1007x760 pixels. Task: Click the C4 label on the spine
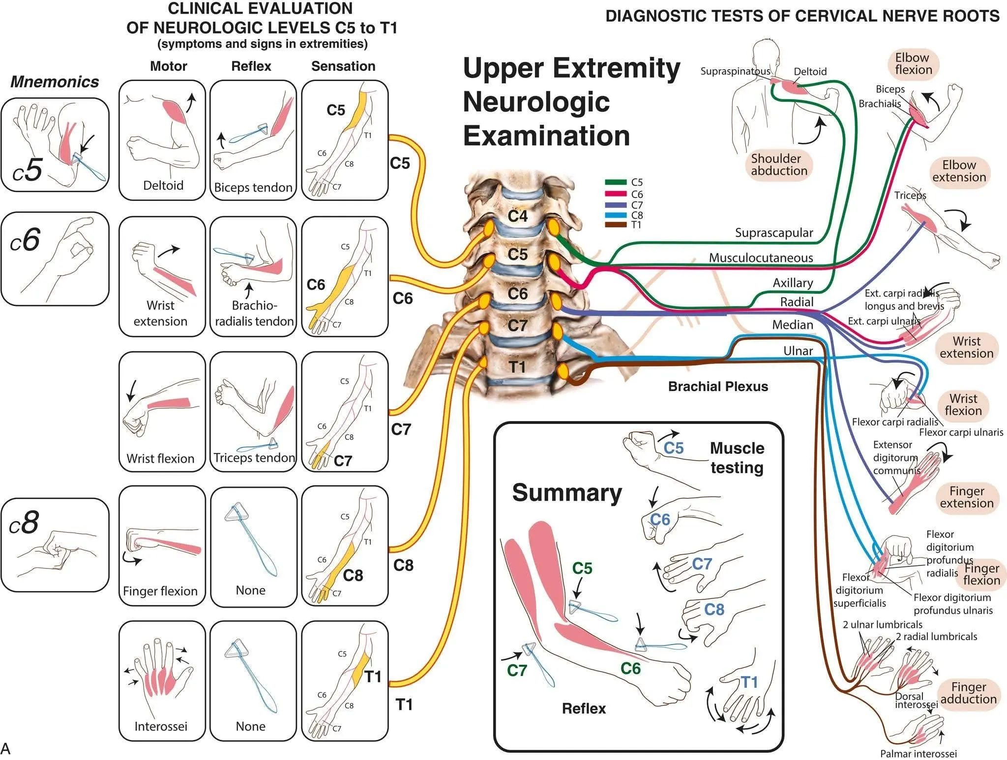point(518,216)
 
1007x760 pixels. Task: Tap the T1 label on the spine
point(517,367)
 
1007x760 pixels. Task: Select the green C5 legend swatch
point(616,182)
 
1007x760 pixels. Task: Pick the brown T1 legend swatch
point(616,225)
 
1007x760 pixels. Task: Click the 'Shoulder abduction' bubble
point(779,165)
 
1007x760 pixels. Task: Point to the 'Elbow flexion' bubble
point(914,64)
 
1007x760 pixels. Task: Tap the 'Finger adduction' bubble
point(968,693)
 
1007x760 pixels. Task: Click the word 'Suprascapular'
point(773,233)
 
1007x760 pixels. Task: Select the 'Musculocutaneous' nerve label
point(761,258)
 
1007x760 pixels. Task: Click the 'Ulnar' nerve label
point(798,351)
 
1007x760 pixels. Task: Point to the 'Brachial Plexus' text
point(717,387)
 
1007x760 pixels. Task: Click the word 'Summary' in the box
point(567,493)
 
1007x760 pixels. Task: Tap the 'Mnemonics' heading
point(55,82)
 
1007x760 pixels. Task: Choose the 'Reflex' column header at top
point(251,66)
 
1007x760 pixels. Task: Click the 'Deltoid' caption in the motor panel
point(163,186)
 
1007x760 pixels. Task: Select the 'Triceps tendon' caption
point(254,458)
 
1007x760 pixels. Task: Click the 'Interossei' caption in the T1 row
point(161,726)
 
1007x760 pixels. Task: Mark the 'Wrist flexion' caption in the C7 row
point(160,458)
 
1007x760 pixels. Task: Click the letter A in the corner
point(5,748)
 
